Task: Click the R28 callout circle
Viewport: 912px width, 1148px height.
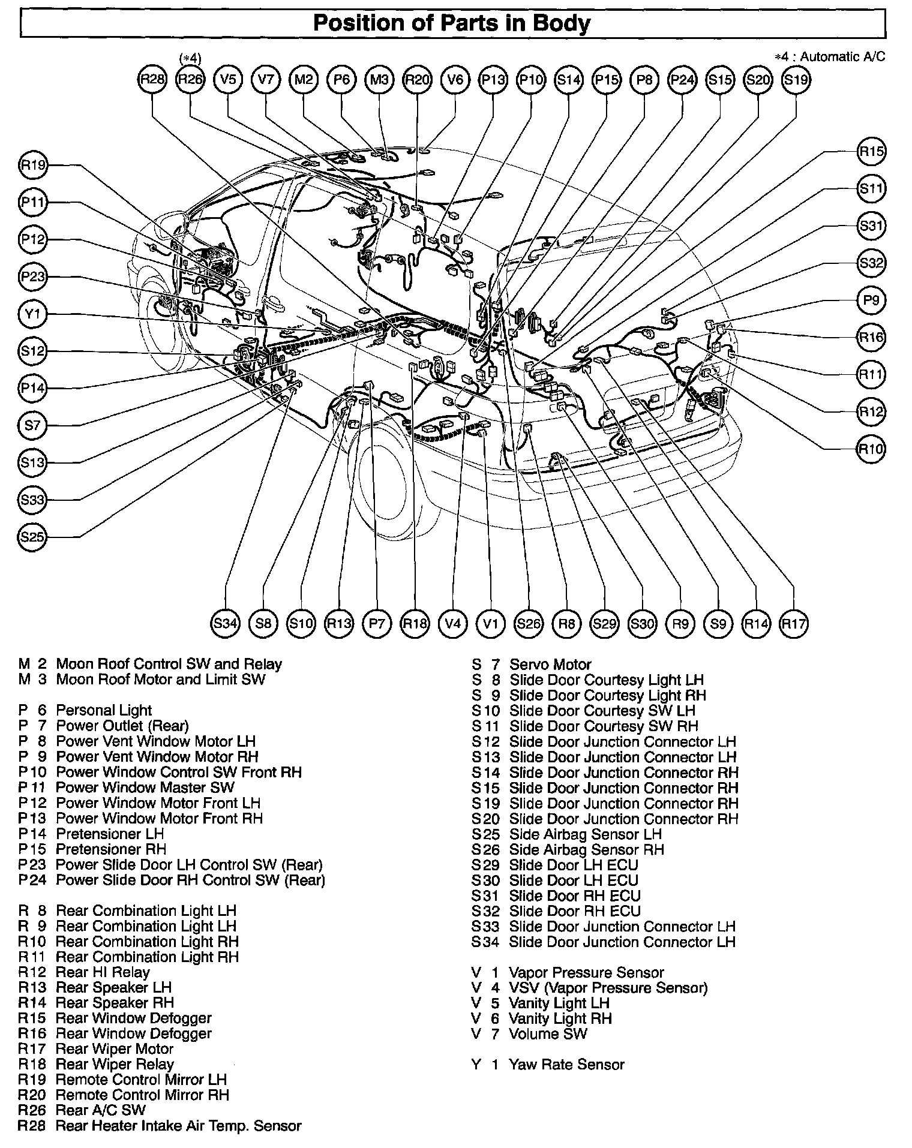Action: coord(152,79)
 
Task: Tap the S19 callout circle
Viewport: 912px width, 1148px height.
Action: coord(796,79)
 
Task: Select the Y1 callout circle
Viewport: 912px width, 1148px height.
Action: coord(32,314)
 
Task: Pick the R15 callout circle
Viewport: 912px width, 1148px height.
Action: coord(871,152)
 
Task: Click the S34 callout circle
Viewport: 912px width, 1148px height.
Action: coord(226,624)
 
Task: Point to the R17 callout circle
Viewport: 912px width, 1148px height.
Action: coord(794,624)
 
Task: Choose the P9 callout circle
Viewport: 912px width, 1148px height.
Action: coord(871,300)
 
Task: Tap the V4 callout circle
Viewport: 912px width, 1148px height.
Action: coord(453,624)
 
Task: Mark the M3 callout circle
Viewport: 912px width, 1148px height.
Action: coord(379,79)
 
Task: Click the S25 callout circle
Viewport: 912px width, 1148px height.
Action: coord(32,537)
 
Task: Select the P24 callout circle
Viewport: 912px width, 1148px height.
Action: coord(682,79)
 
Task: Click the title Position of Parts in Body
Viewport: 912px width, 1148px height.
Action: coord(452,23)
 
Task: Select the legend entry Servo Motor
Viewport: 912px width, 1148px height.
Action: coord(550,665)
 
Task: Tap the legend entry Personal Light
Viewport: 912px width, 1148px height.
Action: coord(104,711)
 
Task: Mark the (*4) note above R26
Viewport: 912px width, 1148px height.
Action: coord(190,58)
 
